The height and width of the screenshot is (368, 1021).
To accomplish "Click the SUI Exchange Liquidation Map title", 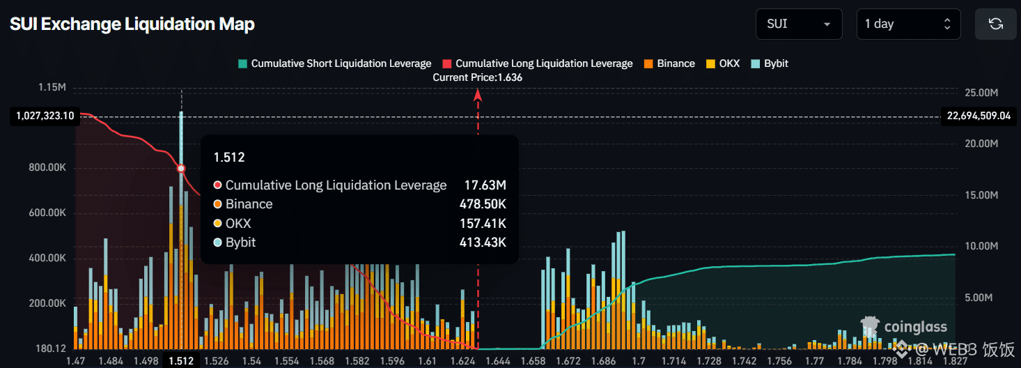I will (132, 24).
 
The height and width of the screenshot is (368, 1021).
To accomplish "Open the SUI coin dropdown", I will (798, 24).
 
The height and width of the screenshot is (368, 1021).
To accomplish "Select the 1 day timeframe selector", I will (907, 24).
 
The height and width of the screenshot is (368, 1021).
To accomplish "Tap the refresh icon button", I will (996, 24).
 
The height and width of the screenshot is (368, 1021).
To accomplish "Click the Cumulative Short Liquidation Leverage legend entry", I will (334, 63).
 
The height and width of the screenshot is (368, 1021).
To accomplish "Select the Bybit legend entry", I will (770, 63).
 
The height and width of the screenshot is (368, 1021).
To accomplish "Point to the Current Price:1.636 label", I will (478, 77).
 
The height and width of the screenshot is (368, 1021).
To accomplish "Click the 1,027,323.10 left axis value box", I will (43, 116).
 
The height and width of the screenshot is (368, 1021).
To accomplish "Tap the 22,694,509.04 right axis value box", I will (978, 116).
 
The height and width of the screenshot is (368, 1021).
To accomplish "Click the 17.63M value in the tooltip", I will (485, 185).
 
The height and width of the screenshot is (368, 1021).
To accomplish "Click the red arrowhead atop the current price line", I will (478, 95).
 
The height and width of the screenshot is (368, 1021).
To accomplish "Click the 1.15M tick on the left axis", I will (52, 88).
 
